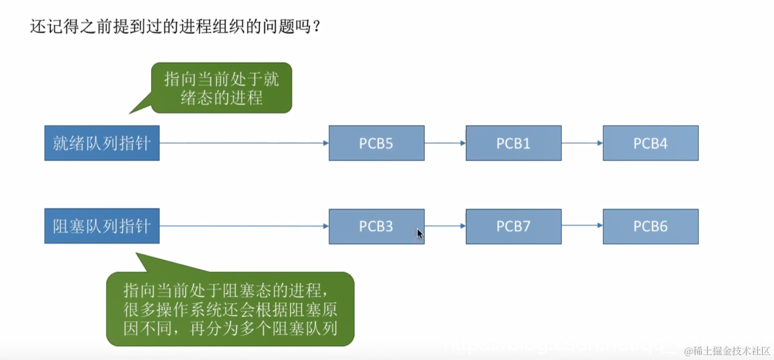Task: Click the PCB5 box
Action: pos(376,143)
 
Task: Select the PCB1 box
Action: pos(513,143)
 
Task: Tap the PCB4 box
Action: pos(650,143)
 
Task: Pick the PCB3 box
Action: pos(376,226)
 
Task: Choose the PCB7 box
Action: pos(513,226)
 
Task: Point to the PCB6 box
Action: pos(650,226)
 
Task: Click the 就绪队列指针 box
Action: pos(102,143)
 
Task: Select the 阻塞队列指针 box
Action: pos(102,226)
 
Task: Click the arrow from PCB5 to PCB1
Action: pos(445,143)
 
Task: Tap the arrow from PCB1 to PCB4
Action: pos(582,143)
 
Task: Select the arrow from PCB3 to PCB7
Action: pos(445,226)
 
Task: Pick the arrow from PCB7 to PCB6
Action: pos(582,226)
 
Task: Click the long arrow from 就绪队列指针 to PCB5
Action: pos(244,143)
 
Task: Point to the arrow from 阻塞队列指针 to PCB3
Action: pos(244,226)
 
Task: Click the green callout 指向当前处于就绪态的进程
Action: pos(221,88)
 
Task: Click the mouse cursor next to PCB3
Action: pos(419,233)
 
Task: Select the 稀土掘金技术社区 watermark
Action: pos(727,351)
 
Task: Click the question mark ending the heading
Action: pos(316,26)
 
